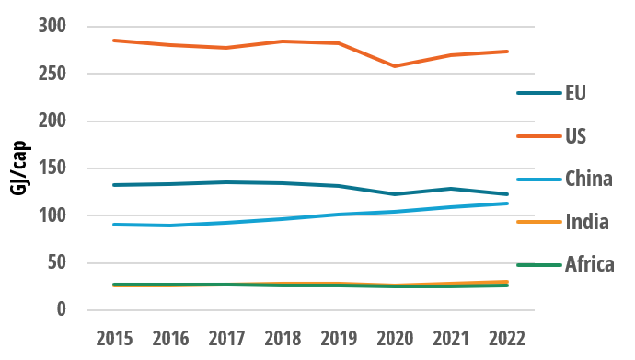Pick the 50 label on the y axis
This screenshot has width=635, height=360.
(58, 263)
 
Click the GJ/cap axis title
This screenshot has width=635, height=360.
(18, 168)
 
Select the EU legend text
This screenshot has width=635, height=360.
(575, 93)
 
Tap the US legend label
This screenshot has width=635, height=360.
(575, 136)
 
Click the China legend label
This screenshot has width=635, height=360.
(589, 179)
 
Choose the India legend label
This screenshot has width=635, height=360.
(585, 222)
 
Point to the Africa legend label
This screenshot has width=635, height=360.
(590, 265)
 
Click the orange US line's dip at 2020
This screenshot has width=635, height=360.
(395, 66)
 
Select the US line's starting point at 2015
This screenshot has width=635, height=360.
(112, 41)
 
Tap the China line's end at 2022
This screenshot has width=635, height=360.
(508, 203)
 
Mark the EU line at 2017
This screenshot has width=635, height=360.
(225, 182)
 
